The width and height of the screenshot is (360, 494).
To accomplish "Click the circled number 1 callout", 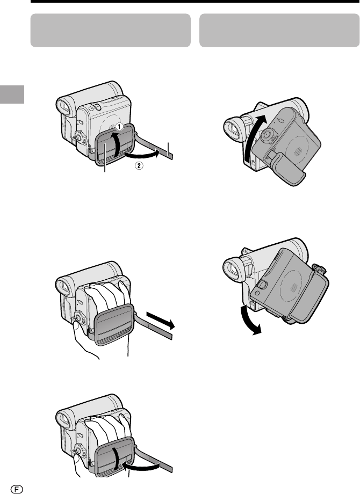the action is (x=119, y=126).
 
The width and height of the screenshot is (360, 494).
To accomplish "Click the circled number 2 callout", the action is (x=139, y=165).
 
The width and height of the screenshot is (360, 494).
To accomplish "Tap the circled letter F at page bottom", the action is (x=17, y=489).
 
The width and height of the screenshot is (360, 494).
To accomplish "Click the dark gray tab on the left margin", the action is (x=12, y=94).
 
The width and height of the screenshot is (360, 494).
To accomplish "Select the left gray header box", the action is (x=110, y=30).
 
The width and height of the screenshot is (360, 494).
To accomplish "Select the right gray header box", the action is (x=279, y=30).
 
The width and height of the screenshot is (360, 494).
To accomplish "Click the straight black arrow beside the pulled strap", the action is (x=160, y=320).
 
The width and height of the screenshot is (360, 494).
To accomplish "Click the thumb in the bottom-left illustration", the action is (x=76, y=463).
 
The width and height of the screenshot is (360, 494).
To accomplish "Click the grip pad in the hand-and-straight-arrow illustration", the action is (x=114, y=324).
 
